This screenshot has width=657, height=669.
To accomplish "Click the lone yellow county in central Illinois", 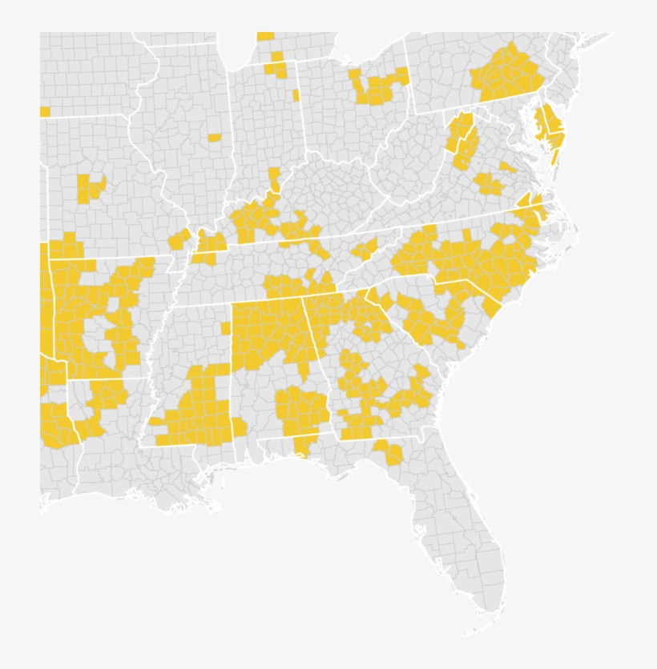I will pos(215,138).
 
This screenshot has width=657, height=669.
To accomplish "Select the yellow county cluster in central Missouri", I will pos(90,186).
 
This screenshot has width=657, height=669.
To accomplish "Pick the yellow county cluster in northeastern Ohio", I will pos(377,86).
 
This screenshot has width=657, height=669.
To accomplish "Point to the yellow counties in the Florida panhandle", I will pos(389,453).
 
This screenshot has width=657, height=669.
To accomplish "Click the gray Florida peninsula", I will pos(473,544).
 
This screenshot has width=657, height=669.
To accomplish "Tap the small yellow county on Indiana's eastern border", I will pos(296,95).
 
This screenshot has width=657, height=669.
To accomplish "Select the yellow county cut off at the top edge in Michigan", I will pos(265,37).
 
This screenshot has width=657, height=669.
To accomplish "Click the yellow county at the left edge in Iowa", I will pos(45,112).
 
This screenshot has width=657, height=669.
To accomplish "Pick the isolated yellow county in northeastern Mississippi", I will pos(226,328).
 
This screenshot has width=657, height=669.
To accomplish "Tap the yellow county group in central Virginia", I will pos(488,184).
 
